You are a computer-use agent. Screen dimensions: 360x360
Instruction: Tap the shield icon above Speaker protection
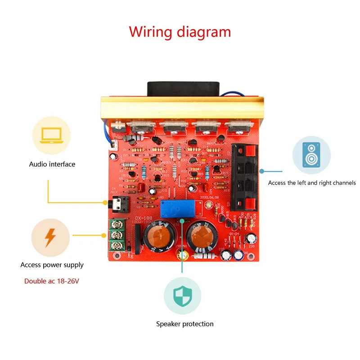click(x=182, y=295)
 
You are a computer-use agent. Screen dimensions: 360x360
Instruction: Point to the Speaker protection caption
click(x=185, y=324)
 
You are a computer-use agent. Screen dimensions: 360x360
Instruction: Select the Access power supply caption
click(x=52, y=265)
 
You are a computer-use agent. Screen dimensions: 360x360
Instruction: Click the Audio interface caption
click(x=52, y=164)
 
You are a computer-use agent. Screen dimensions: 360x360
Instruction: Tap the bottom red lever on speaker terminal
click(x=247, y=204)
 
